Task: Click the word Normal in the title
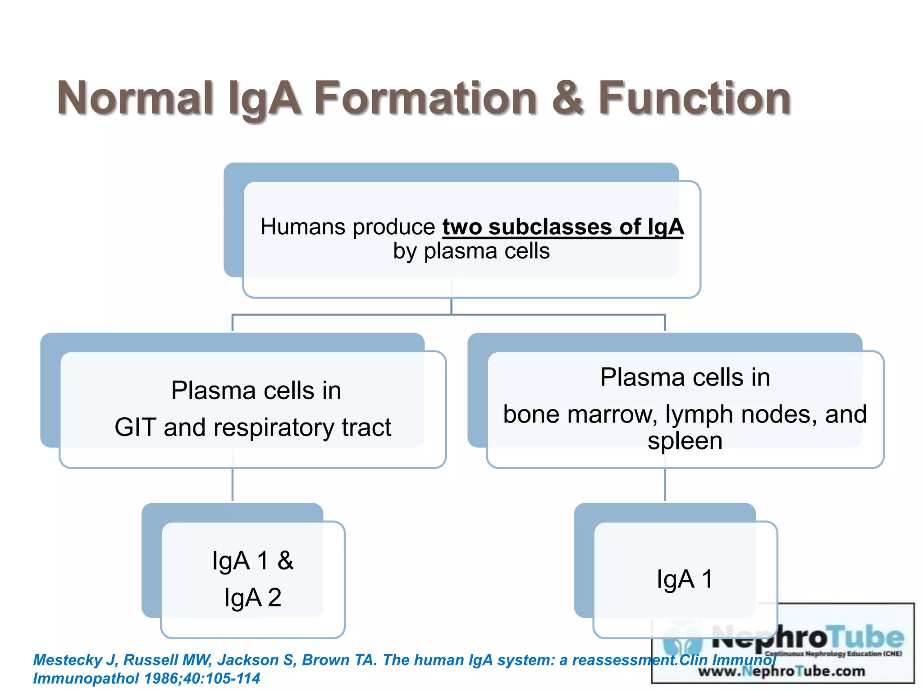point(135,98)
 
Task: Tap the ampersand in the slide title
point(568,98)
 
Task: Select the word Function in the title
point(694,98)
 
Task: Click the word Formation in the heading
point(426,98)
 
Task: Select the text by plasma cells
point(471,251)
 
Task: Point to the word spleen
point(685,441)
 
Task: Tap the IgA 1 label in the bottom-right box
point(685,579)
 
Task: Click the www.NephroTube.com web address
point(781,671)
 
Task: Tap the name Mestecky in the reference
point(68,660)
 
